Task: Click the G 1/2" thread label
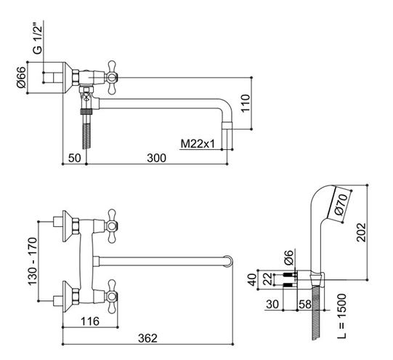coord(37,38)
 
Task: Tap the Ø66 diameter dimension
coord(21,77)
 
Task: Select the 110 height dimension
coord(246,103)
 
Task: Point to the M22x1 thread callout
coord(198,144)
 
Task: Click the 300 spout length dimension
coord(156,158)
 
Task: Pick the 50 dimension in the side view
coord(75,158)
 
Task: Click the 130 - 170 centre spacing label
coord(33,261)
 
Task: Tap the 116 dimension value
coord(90,321)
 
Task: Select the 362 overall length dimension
coord(147,338)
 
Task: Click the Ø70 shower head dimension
coord(341,204)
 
